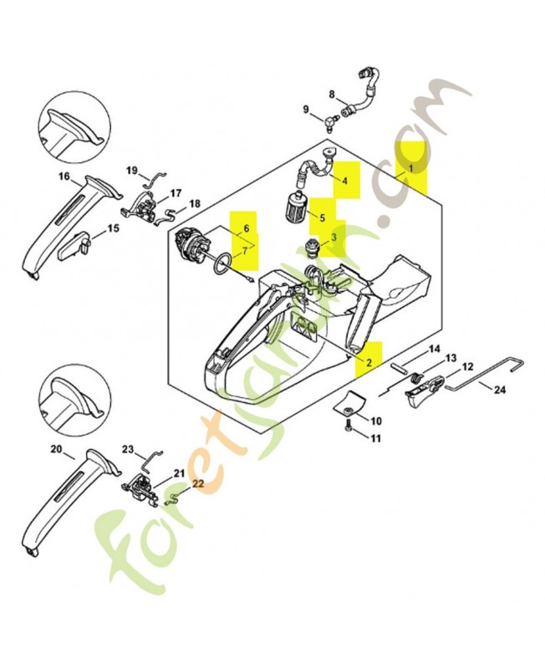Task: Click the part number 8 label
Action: click(332, 94)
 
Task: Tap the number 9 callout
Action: click(305, 110)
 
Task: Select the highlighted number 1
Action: click(410, 168)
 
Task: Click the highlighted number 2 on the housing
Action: click(369, 362)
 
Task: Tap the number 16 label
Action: click(64, 176)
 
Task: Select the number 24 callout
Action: click(499, 390)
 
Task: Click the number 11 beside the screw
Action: click(375, 438)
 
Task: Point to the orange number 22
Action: click(198, 483)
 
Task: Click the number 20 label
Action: click(57, 449)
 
